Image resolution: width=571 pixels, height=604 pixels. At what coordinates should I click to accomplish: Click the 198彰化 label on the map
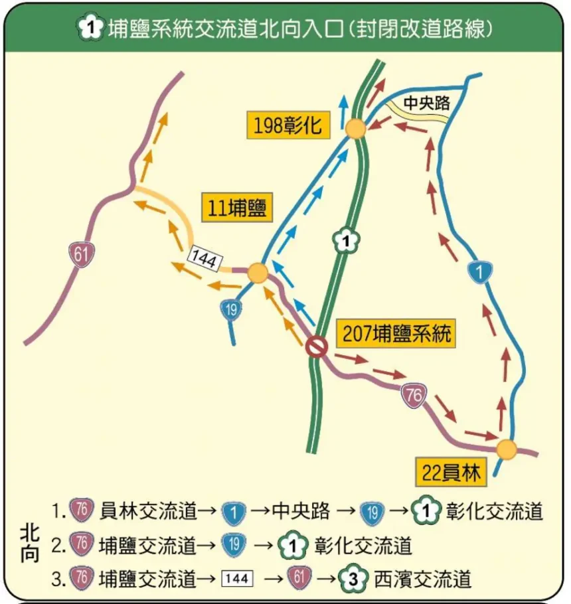pos(287,125)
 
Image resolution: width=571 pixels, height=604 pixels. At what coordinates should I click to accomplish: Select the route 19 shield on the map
pos(230,309)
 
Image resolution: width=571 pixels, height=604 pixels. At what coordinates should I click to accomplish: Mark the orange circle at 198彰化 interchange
pos(355,129)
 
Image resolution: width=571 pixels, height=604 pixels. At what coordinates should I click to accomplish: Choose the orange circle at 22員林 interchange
pos(507,449)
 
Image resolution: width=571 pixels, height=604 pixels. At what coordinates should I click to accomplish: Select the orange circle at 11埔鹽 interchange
pos(258,273)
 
